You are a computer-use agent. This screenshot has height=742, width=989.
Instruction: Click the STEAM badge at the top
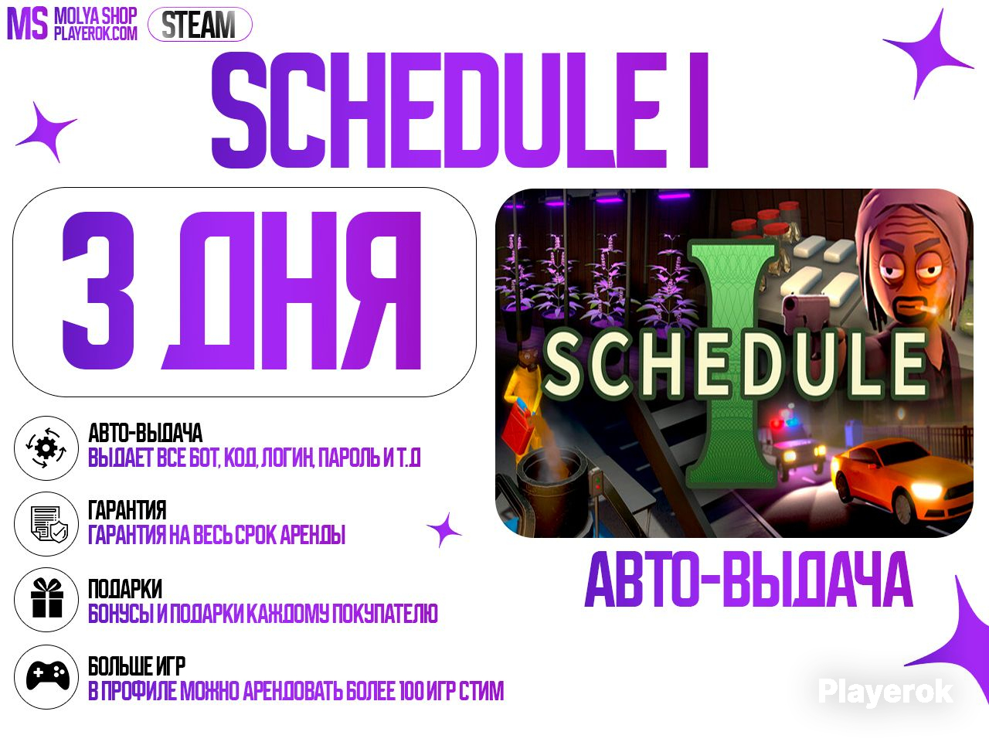pos(199,24)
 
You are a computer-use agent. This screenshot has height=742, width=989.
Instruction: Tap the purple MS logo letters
pos(28,25)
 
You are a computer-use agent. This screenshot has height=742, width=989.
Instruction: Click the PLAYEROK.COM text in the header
pos(96,33)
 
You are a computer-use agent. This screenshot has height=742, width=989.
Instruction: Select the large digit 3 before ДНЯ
pos(98,290)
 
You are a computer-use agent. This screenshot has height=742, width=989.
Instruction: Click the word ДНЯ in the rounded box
pos(291,290)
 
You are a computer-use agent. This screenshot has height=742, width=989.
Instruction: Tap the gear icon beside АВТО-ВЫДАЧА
pos(46,448)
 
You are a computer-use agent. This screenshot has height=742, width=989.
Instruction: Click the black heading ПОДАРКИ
pos(125,588)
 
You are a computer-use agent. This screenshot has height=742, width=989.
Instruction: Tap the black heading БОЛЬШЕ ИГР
pos(137,665)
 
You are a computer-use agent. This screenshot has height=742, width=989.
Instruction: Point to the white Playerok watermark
pos(885,692)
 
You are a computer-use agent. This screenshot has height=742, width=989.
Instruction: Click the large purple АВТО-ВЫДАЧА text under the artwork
pos(749,580)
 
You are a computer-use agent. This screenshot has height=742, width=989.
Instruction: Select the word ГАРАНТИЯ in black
pos(127,510)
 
